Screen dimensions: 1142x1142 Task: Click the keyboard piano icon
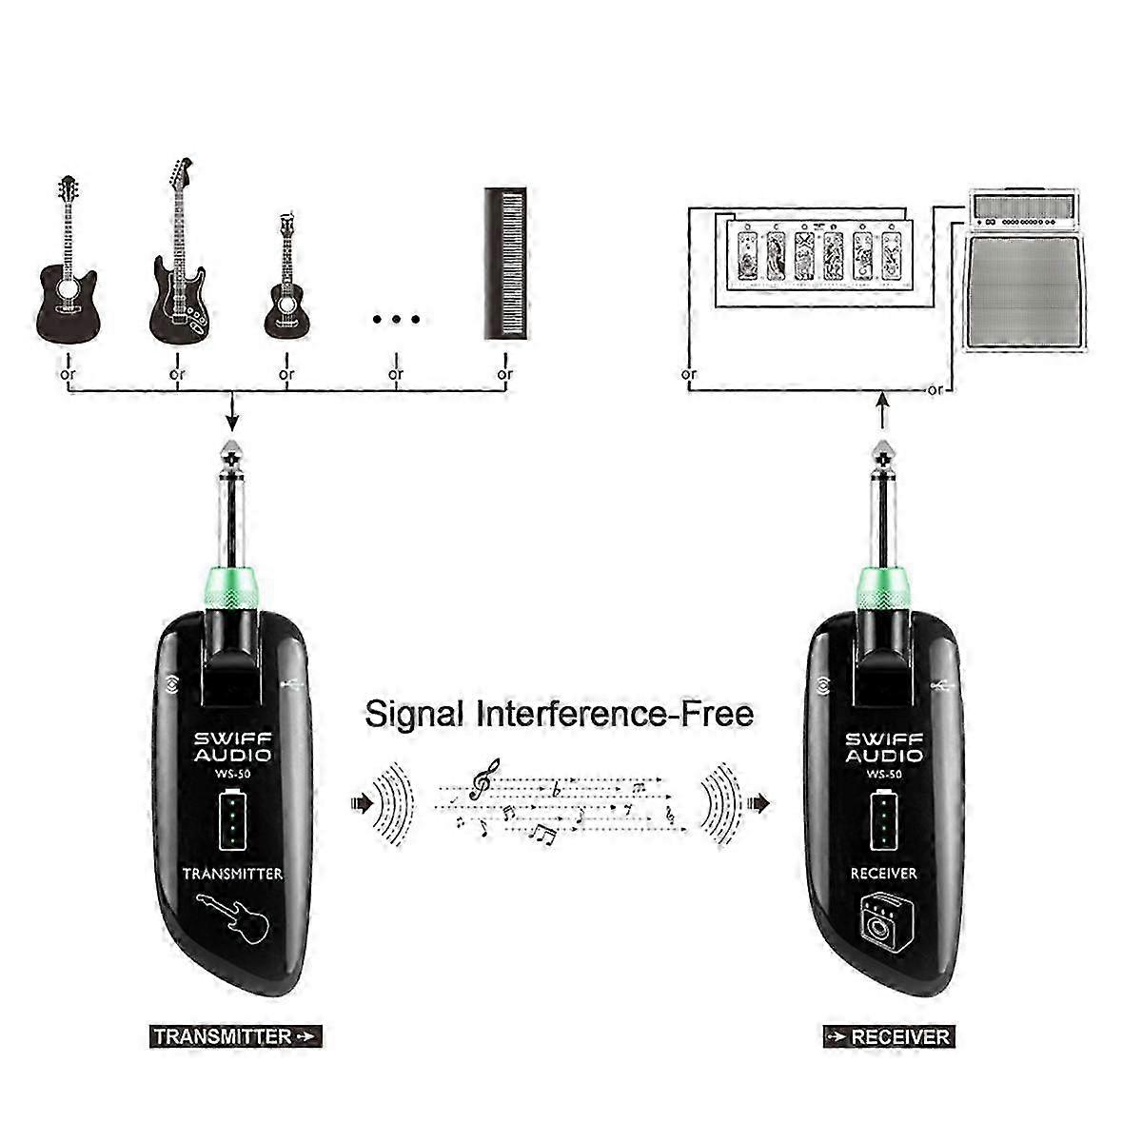(505, 264)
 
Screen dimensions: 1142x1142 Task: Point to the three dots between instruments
(396, 320)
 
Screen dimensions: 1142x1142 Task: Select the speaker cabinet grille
(1025, 292)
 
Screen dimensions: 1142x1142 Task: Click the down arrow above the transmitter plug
(233, 411)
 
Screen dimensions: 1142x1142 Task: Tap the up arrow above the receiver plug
(883, 411)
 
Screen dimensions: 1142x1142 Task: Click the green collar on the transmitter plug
(231, 589)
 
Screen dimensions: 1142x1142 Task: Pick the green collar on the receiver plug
(883, 589)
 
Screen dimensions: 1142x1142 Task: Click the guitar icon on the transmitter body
(231, 917)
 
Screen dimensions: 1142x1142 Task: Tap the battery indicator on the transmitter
(232, 819)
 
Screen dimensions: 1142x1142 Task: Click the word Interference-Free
(615, 714)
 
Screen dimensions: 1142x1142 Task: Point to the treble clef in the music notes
(484, 779)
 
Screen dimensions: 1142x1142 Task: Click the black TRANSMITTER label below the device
(236, 1036)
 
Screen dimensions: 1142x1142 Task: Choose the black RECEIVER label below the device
(889, 1036)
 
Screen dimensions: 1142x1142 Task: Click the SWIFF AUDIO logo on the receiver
(883, 747)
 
